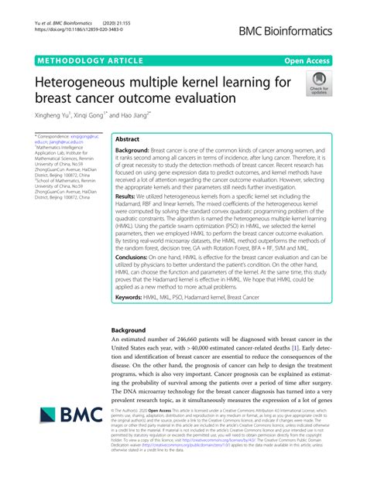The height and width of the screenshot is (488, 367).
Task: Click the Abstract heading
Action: [126, 140]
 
